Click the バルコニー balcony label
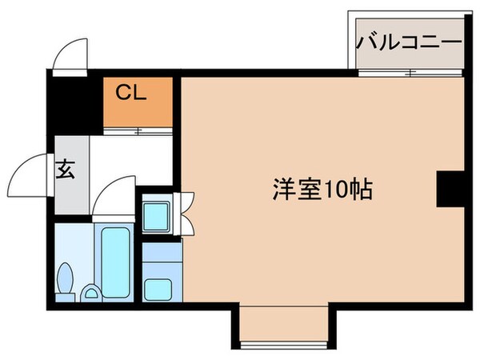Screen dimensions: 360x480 (410, 41)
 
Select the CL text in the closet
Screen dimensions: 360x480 (132, 93)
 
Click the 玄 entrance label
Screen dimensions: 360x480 (66, 170)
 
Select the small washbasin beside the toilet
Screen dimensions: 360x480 (91, 294)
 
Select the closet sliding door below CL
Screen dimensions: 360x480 (138, 130)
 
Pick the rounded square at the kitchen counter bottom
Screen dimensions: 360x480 (157, 286)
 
